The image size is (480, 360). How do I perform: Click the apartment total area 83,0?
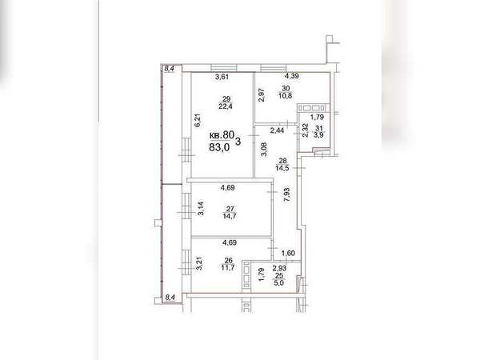point(219,147)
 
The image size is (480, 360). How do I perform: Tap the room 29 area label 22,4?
point(226,106)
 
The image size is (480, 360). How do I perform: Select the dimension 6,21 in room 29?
point(198,120)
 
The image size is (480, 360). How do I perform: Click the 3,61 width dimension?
point(222,77)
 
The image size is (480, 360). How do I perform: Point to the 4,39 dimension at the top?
point(292,76)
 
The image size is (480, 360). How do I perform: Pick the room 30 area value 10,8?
point(286,95)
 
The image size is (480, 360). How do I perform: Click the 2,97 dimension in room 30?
point(262,95)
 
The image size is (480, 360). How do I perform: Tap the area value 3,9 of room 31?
point(319,135)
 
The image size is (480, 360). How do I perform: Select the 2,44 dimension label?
point(277,130)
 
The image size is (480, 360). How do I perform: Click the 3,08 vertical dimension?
point(263,150)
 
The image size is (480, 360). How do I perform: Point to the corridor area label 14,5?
point(282,168)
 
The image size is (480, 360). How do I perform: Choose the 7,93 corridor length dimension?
point(287,195)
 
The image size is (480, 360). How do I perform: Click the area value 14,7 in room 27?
point(230,216)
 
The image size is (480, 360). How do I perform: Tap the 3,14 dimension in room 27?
point(201,209)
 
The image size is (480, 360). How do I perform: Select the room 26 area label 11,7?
point(228,267)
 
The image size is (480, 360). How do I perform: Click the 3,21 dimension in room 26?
point(199,263)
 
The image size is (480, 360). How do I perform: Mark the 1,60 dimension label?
point(288,253)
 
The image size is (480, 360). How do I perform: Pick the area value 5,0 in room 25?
point(279,283)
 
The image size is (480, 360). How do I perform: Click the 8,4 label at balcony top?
point(170,69)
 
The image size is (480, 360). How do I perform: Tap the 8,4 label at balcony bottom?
point(170,297)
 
